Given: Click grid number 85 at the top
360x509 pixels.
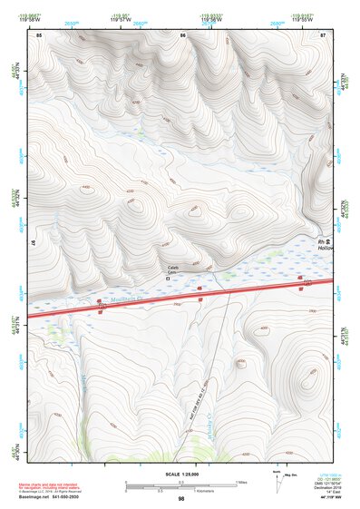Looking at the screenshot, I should [39, 34].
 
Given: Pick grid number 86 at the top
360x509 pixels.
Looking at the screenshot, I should [182, 34].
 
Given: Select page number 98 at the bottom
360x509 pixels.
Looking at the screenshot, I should [180, 499].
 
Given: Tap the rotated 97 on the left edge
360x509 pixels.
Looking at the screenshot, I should [33, 243].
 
